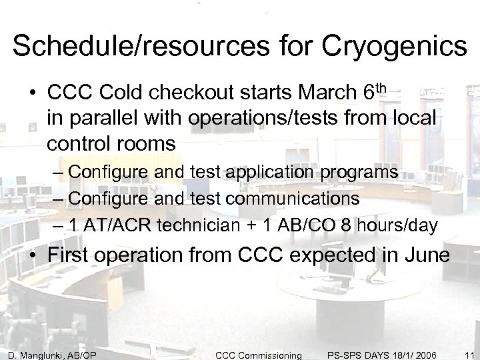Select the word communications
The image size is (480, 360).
(299, 199)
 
